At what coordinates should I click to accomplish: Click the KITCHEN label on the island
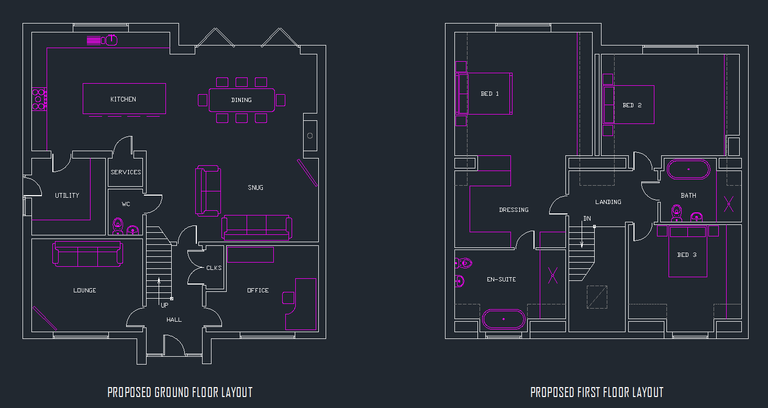tap(123, 99)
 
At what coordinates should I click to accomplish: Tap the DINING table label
tap(241, 100)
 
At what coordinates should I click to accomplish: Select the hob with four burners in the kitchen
tap(39, 99)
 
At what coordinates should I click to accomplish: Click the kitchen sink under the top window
tap(111, 40)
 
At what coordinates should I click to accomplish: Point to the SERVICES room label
tap(126, 172)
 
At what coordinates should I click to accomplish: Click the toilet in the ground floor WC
tap(118, 226)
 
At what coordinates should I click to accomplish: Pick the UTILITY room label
tap(67, 195)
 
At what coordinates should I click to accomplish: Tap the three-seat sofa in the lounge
tap(88, 254)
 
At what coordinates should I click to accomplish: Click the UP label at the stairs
tap(164, 305)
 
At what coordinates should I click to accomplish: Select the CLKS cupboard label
tap(214, 268)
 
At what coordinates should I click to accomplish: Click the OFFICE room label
tap(258, 290)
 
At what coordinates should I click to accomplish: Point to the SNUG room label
tap(255, 187)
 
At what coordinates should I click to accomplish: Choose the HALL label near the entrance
tap(174, 320)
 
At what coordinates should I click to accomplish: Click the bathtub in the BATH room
tap(688, 169)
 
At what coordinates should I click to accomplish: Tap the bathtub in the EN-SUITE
tap(503, 319)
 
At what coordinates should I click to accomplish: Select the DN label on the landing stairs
tap(587, 219)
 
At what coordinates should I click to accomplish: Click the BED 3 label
tap(687, 255)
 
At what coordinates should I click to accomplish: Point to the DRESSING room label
tap(514, 210)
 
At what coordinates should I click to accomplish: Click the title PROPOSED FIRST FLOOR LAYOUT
tap(597, 392)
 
